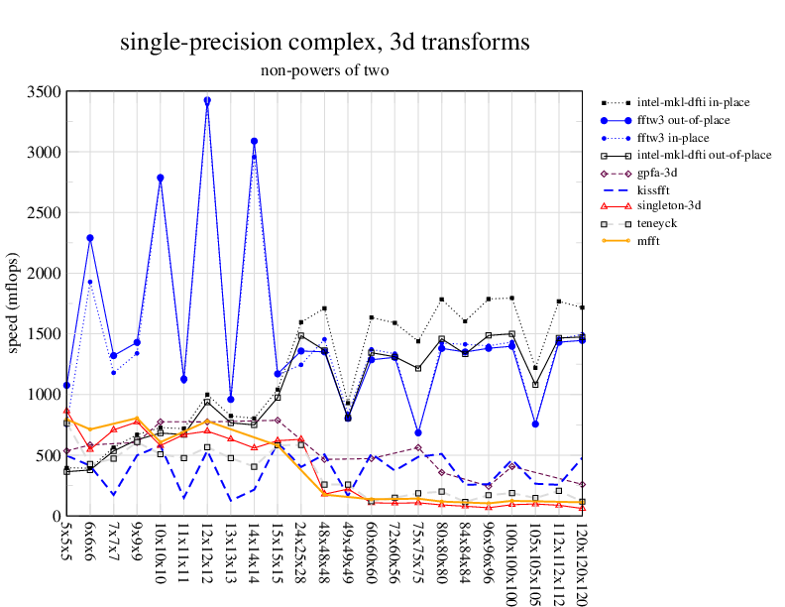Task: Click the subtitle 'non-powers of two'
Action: (324, 70)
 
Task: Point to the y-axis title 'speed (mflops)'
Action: (14, 303)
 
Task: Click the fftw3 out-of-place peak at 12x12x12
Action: (207, 100)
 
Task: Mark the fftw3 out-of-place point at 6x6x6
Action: (90, 238)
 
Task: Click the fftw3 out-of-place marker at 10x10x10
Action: (161, 178)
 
